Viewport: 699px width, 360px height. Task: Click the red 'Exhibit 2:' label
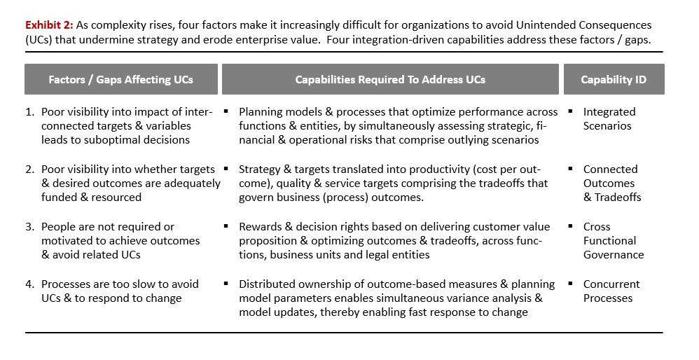(49, 25)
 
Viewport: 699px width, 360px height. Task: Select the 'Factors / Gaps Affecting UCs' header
(120, 79)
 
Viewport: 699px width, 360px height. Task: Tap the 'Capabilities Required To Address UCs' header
(390, 79)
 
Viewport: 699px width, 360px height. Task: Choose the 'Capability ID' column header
(614, 79)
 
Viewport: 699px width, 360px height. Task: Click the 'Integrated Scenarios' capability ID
(609, 118)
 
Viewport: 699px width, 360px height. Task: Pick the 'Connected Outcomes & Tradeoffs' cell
(611, 183)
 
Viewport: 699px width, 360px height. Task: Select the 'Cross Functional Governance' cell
(614, 241)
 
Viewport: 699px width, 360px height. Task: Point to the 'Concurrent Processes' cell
(611, 291)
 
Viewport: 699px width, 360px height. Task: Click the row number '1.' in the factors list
(30, 112)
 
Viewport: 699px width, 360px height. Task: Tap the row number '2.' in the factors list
(30, 169)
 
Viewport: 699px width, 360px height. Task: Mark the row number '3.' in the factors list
(30, 227)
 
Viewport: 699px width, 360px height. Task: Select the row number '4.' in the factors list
(30, 284)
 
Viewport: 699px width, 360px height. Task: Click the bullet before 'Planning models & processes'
(226, 111)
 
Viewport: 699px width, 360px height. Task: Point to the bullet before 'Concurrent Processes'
(571, 283)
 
